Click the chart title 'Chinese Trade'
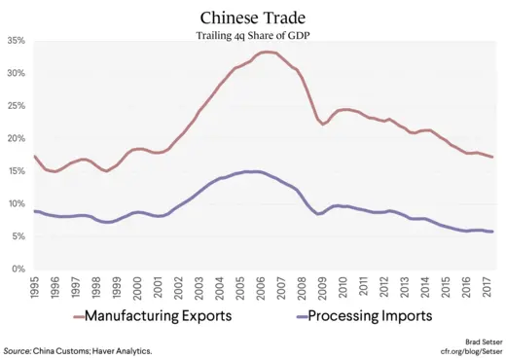tap(253, 18)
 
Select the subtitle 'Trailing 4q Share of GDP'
tap(253, 35)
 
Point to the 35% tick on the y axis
tap(16, 41)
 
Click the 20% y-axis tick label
tap(16, 138)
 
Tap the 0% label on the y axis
tap(18, 269)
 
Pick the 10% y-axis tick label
tap(16, 203)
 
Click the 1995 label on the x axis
tap(36, 288)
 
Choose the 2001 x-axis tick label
tap(158, 288)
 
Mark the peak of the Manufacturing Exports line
tap(266, 52)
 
